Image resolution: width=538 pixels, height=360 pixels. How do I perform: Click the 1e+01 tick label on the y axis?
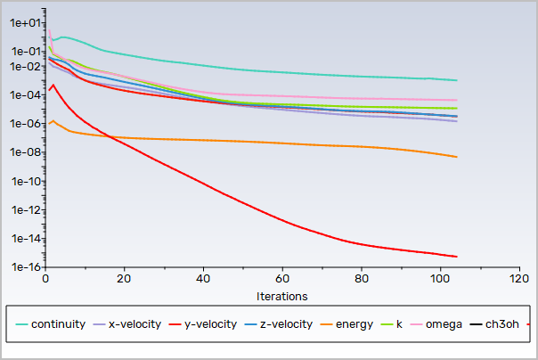(x=24, y=23)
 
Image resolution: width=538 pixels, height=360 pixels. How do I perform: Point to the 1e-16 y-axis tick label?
(x=24, y=267)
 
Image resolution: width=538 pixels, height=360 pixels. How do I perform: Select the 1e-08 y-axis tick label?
(x=24, y=152)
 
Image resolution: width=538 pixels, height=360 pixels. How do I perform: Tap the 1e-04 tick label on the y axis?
(x=24, y=95)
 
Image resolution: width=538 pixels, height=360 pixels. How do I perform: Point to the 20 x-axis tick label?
(x=124, y=279)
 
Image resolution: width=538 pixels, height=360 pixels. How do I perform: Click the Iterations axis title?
(x=282, y=295)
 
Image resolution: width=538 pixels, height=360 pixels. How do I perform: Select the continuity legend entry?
(x=58, y=323)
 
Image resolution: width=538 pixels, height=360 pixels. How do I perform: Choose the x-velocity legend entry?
(x=134, y=323)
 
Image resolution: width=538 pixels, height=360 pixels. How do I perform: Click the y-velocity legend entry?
(x=211, y=323)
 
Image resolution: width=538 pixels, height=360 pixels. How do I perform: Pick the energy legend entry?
(x=354, y=323)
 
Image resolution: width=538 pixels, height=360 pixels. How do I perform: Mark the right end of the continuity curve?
(x=457, y=81)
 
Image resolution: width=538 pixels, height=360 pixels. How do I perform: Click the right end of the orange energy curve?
(x=457, y=158)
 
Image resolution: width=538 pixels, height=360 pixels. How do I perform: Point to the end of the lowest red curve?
(x=457, y=257)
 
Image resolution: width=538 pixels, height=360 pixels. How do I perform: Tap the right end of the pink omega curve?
(x=457, y=101)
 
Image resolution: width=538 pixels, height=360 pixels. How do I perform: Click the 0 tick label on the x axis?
(x=45, y=279)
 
